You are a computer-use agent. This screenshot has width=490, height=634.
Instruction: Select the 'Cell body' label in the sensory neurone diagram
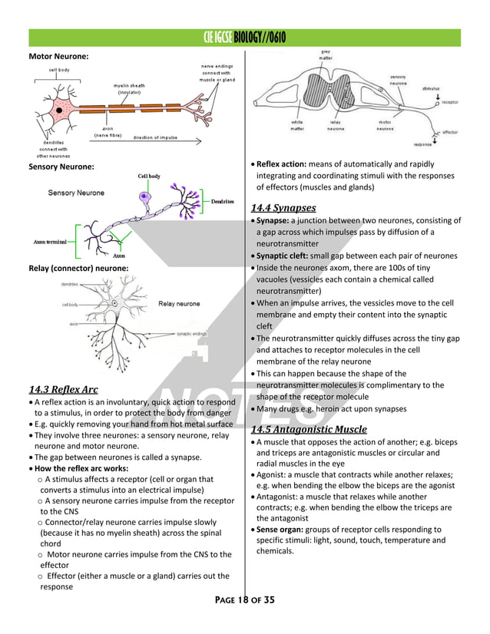tap(149, 177)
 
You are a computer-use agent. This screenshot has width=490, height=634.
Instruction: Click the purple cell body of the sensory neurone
tap(145, 198)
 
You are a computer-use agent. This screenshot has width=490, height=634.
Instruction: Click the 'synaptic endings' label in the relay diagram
tap(192, 334)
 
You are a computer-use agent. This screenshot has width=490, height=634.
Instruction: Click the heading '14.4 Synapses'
tap(283, 207)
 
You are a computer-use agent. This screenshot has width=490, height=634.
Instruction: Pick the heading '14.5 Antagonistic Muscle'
tap(309, 429)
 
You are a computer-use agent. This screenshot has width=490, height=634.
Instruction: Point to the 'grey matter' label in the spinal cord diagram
tap(326, 54)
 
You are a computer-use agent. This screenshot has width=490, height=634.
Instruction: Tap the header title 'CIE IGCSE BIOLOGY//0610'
tap(244, 38)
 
